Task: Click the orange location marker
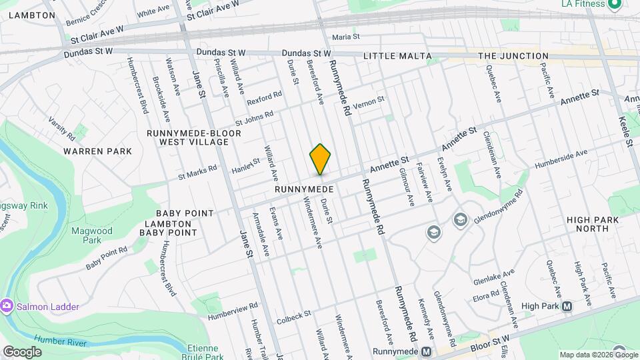click(320, 159)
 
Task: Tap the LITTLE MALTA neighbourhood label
click(397, 57)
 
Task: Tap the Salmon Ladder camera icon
click(7, 306)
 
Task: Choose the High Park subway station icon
click(567, 307)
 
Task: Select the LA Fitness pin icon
click(615, 4)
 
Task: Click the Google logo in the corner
click(22, 351)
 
